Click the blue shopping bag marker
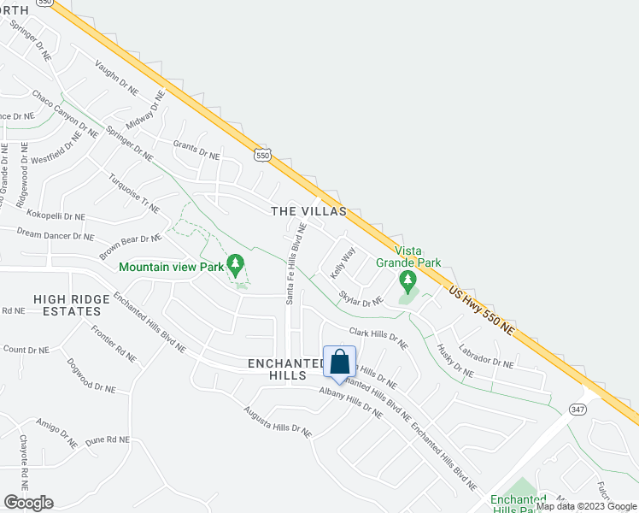(x=339, y=363)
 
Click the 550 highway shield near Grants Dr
(x=263, y=154)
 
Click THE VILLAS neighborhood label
(x=308, y=210)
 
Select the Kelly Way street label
(x=343, y=263)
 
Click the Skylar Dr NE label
(x=361, y=298)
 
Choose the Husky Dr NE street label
(x=454, y=360)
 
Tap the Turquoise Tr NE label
(x=134, y=193)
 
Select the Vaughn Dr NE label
(x=116, y=77)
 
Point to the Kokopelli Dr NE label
(x=56, y=217)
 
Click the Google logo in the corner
(x=28, y=502)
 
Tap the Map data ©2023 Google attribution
(x=586, y=506)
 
